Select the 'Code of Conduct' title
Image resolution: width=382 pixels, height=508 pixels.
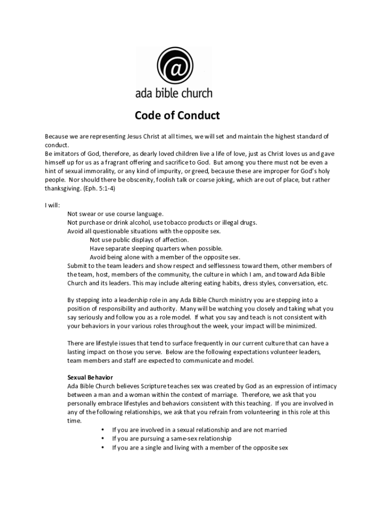177,116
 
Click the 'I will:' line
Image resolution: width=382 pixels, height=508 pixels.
52,205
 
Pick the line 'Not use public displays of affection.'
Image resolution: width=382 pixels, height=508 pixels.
139,240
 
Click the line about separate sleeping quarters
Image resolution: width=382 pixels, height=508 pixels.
156,249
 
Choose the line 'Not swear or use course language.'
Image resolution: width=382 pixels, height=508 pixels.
115,214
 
